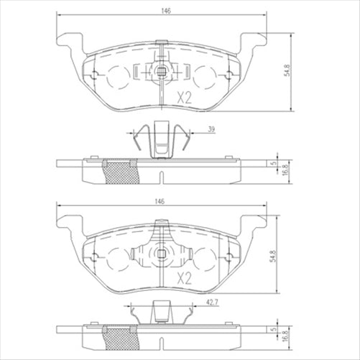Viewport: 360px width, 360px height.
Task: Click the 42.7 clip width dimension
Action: click(211, 304)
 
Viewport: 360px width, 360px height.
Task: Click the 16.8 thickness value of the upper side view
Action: click(285, 170)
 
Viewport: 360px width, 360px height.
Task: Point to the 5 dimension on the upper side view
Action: click(274, 162)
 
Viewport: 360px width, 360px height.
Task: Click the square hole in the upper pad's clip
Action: click(163, 71)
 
